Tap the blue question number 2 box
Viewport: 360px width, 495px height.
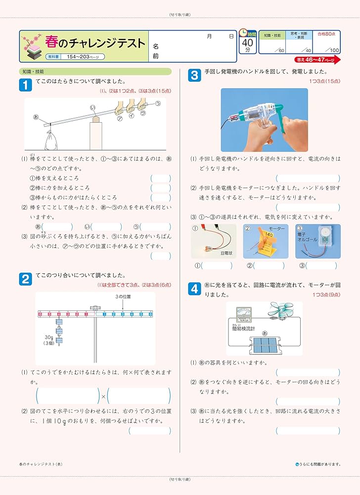coord(25,280)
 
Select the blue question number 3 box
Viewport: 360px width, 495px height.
coord(195,75)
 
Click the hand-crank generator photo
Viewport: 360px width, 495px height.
coord(264,120)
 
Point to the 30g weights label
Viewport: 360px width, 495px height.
coord(48,340)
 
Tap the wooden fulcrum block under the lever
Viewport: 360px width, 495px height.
coord(95,134)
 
